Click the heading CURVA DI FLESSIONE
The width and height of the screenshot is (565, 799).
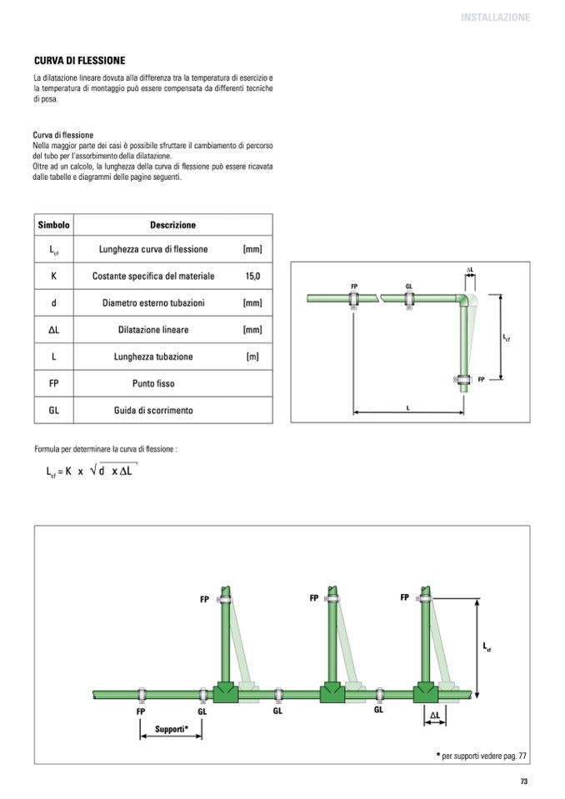[79, 61]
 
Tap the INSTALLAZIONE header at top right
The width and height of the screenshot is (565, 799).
[495, 17]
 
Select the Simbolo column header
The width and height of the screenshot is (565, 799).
[53, 225]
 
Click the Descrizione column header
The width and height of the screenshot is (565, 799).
[172, 225]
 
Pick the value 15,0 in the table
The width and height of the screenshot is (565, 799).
[252, 276]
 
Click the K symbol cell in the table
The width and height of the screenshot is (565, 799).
[53, 276]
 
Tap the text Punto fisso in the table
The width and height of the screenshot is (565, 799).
[153, 384]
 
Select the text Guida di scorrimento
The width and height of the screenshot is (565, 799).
[153, 410]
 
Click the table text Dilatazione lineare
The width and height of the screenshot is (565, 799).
[153, 330]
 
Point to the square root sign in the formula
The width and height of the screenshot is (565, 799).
[93, 471]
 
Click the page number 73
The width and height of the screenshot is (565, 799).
[524, 782]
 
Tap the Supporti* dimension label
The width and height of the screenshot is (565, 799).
[171, 729]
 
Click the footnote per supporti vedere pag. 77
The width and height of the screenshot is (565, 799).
[482, 756]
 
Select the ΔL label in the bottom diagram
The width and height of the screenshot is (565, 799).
[434, 715]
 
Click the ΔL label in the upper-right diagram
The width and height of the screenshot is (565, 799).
[470, 270]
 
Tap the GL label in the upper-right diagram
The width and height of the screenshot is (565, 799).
[408, 287]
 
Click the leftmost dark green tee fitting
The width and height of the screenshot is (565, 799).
[226, 692]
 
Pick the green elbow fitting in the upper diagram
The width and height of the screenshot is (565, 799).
[462, 301]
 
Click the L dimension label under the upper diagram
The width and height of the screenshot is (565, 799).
[407, 407]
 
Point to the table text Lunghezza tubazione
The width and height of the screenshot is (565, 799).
[153, 357]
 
